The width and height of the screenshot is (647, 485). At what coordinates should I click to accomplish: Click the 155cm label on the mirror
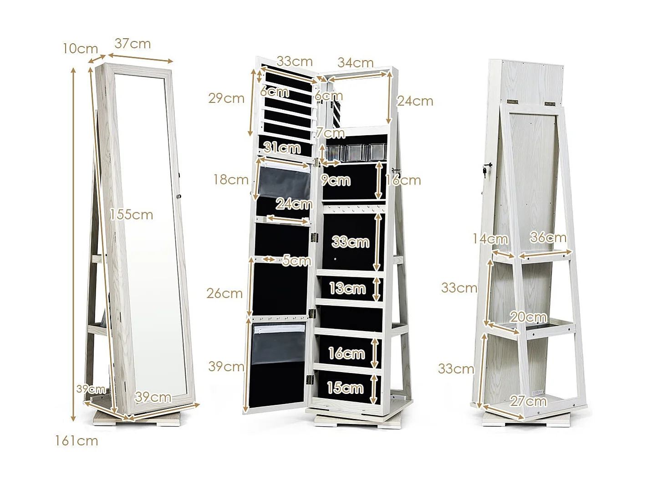pyautogui.click(x=132, y=214)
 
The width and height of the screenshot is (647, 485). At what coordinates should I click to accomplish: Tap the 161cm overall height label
pyautogui.click(x=76, y=441)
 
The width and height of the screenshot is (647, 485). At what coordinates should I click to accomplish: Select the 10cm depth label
pyautogui.click(x=80, y=48)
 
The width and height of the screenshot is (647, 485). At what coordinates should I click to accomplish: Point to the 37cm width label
pyautogui.click(x=132, y=44)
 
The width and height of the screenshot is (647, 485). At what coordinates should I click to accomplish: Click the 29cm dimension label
pyautogui.click(x=226, y=98)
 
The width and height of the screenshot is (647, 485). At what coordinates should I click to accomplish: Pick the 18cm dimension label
pyautogui.click(x=231, y=179)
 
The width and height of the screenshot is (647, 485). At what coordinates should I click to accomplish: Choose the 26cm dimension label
pyautogui.click(x=224, y=293)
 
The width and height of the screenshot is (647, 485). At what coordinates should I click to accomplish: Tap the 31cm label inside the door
pyautogui.click(x=282, y=148)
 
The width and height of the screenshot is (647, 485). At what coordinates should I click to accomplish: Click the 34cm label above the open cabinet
pyautogui.click(x=355, y=62)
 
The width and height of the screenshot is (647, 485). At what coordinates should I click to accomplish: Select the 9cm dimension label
pyautogui.click(x=336, y=180)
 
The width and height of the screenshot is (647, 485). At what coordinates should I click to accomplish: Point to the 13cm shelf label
pyautogui.click(x=347, y=288)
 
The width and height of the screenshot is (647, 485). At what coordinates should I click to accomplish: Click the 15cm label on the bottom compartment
pyautogui.click(x=345, y=388)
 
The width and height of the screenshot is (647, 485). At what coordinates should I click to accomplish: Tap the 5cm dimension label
pyautogui.click(x=296, y=260)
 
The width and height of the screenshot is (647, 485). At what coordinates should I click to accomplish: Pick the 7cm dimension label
pyautogui.click(x=331, y=133)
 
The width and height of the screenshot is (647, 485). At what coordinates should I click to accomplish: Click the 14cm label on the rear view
pyautogui.click(x=490, y=238)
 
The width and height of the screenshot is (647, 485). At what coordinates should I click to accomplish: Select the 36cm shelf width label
pyautogui.click(x=548, y=237)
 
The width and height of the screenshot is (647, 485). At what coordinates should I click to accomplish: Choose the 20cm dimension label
pyautogui.click(x=528, y=317)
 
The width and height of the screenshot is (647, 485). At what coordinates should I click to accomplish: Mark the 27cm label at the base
pyautogui.click(x=528, y=401)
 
